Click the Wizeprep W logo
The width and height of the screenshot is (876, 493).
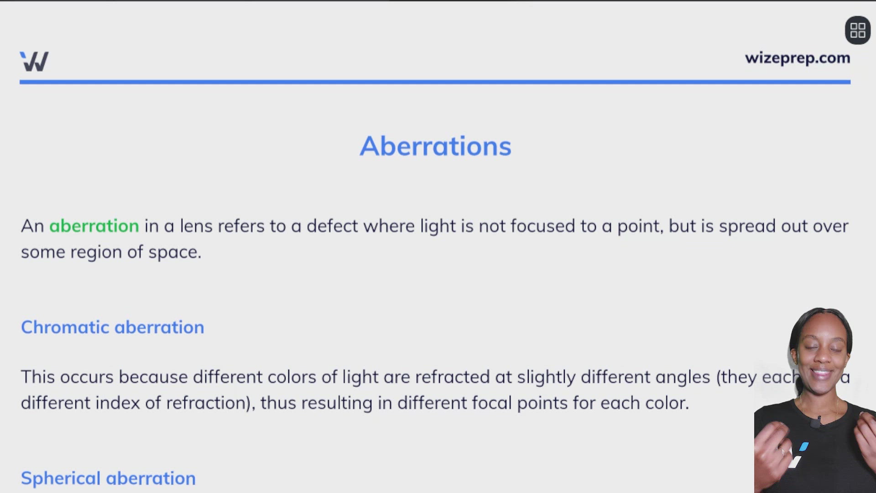(x=34, y=61)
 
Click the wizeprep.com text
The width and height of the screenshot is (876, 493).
(x=797, y=58)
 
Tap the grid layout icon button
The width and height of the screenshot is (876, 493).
(x=858, y=31)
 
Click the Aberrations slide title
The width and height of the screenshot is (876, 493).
(x=435, y=146)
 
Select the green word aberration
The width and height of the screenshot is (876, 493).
(x=94, y=226)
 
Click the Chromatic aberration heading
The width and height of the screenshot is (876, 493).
(x=112, y=327)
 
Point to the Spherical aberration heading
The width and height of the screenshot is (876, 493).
(x=108, y=478)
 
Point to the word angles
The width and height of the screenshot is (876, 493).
(x=683, y=377)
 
